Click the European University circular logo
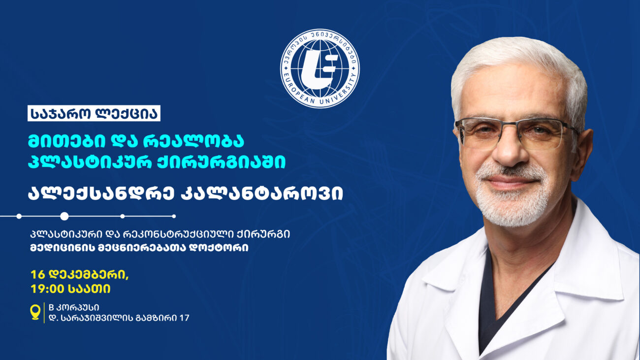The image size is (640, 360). pyautogui.click(x=320, y=68)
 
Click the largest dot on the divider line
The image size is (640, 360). pyautogui.click(x=64, y=216)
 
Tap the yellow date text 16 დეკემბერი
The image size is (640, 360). pyautogui.click(x=79, y=275)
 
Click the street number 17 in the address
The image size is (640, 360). pyautogui.click(x=184, y=318)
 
